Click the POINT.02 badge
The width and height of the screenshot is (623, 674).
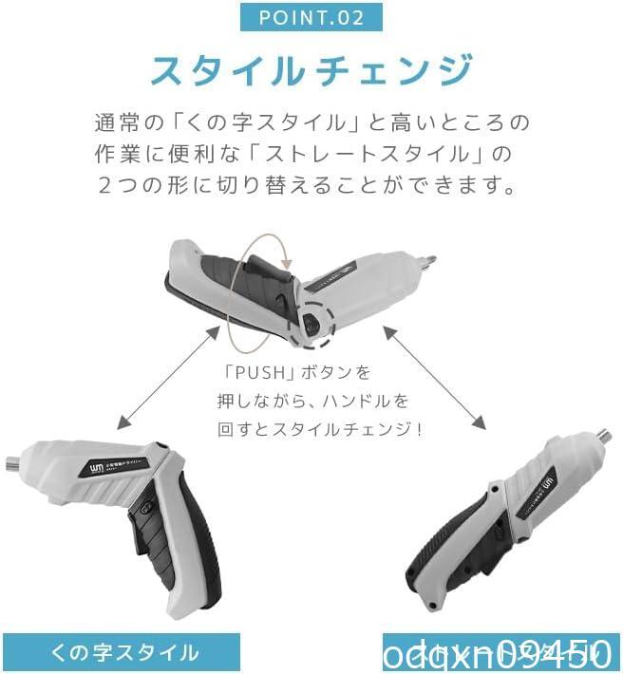(311, 17)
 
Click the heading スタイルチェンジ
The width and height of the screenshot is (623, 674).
(311, 71)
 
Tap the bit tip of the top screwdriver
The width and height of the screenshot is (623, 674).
(429, 258)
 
